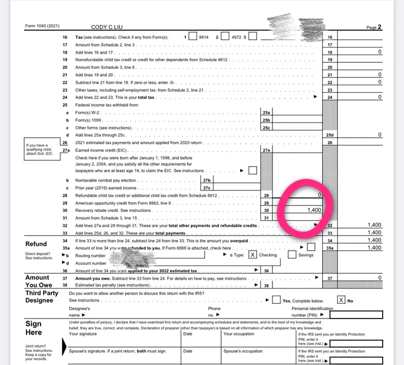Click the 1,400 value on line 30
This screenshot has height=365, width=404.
[313, 210]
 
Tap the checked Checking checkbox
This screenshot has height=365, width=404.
[252, 255]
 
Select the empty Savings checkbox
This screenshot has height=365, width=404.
[292, 255]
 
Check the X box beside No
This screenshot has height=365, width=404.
[341, 300]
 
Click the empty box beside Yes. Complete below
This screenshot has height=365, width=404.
[276, 300]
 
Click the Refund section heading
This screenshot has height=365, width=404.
[36, 244]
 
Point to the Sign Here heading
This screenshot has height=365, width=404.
[34, 328]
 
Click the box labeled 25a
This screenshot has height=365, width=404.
[266, 112]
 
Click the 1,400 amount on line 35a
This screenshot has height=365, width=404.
[375, 248]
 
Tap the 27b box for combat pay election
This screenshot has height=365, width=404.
[206, 180]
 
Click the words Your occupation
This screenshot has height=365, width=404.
[239, 334]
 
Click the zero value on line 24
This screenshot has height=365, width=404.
[379, 97]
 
